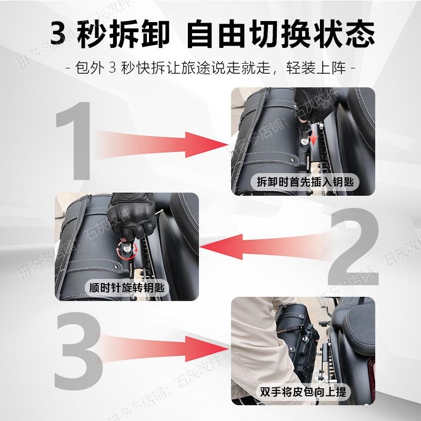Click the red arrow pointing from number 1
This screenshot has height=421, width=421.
163,142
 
